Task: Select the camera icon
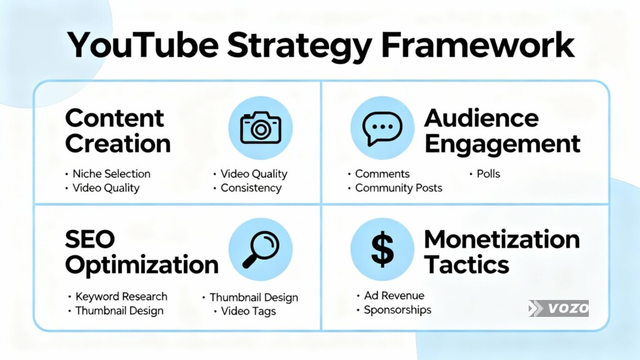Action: (x=260, y=127)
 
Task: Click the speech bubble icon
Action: (x=382, y=127)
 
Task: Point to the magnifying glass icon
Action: (x=260, y=249)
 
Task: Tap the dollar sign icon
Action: (x=382, y=249)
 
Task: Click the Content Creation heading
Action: (x=117, y=131)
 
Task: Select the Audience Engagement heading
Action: (x=502, y=131)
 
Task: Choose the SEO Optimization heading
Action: (x=141, y=252)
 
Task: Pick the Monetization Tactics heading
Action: (x=501, y=252)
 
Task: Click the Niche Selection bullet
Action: (x=111, y=174)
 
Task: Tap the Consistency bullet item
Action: (x=251, y=187)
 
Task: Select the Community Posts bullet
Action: (x=398, y=187)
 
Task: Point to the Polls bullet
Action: (x=488, y=174)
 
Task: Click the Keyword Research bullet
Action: (x=121, y=296)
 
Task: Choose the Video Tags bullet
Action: (x=248, y=311)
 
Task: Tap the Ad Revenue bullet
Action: (x=394, y=296)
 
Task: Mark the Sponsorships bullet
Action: (x=397, y=310)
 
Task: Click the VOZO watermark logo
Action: (x=558, y=308)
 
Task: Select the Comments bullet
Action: (x=382, y=174)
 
